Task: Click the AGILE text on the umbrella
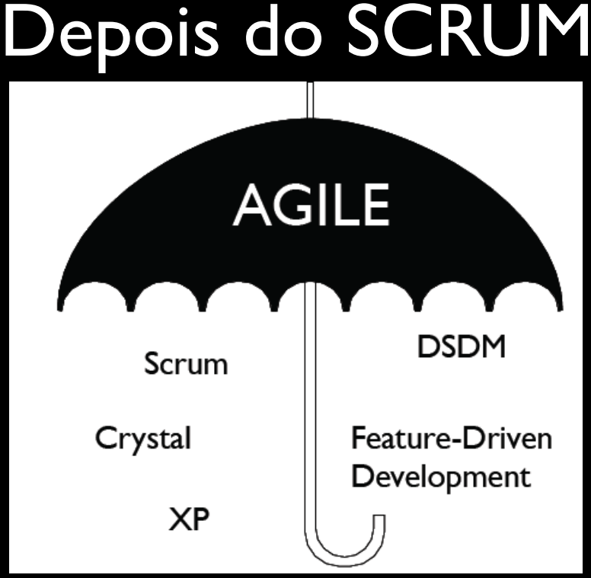tap(311, 203)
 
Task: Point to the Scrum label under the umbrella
tap(186, 363)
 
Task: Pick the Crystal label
tap(142, 439)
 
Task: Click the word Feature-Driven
tap(451, 439)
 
